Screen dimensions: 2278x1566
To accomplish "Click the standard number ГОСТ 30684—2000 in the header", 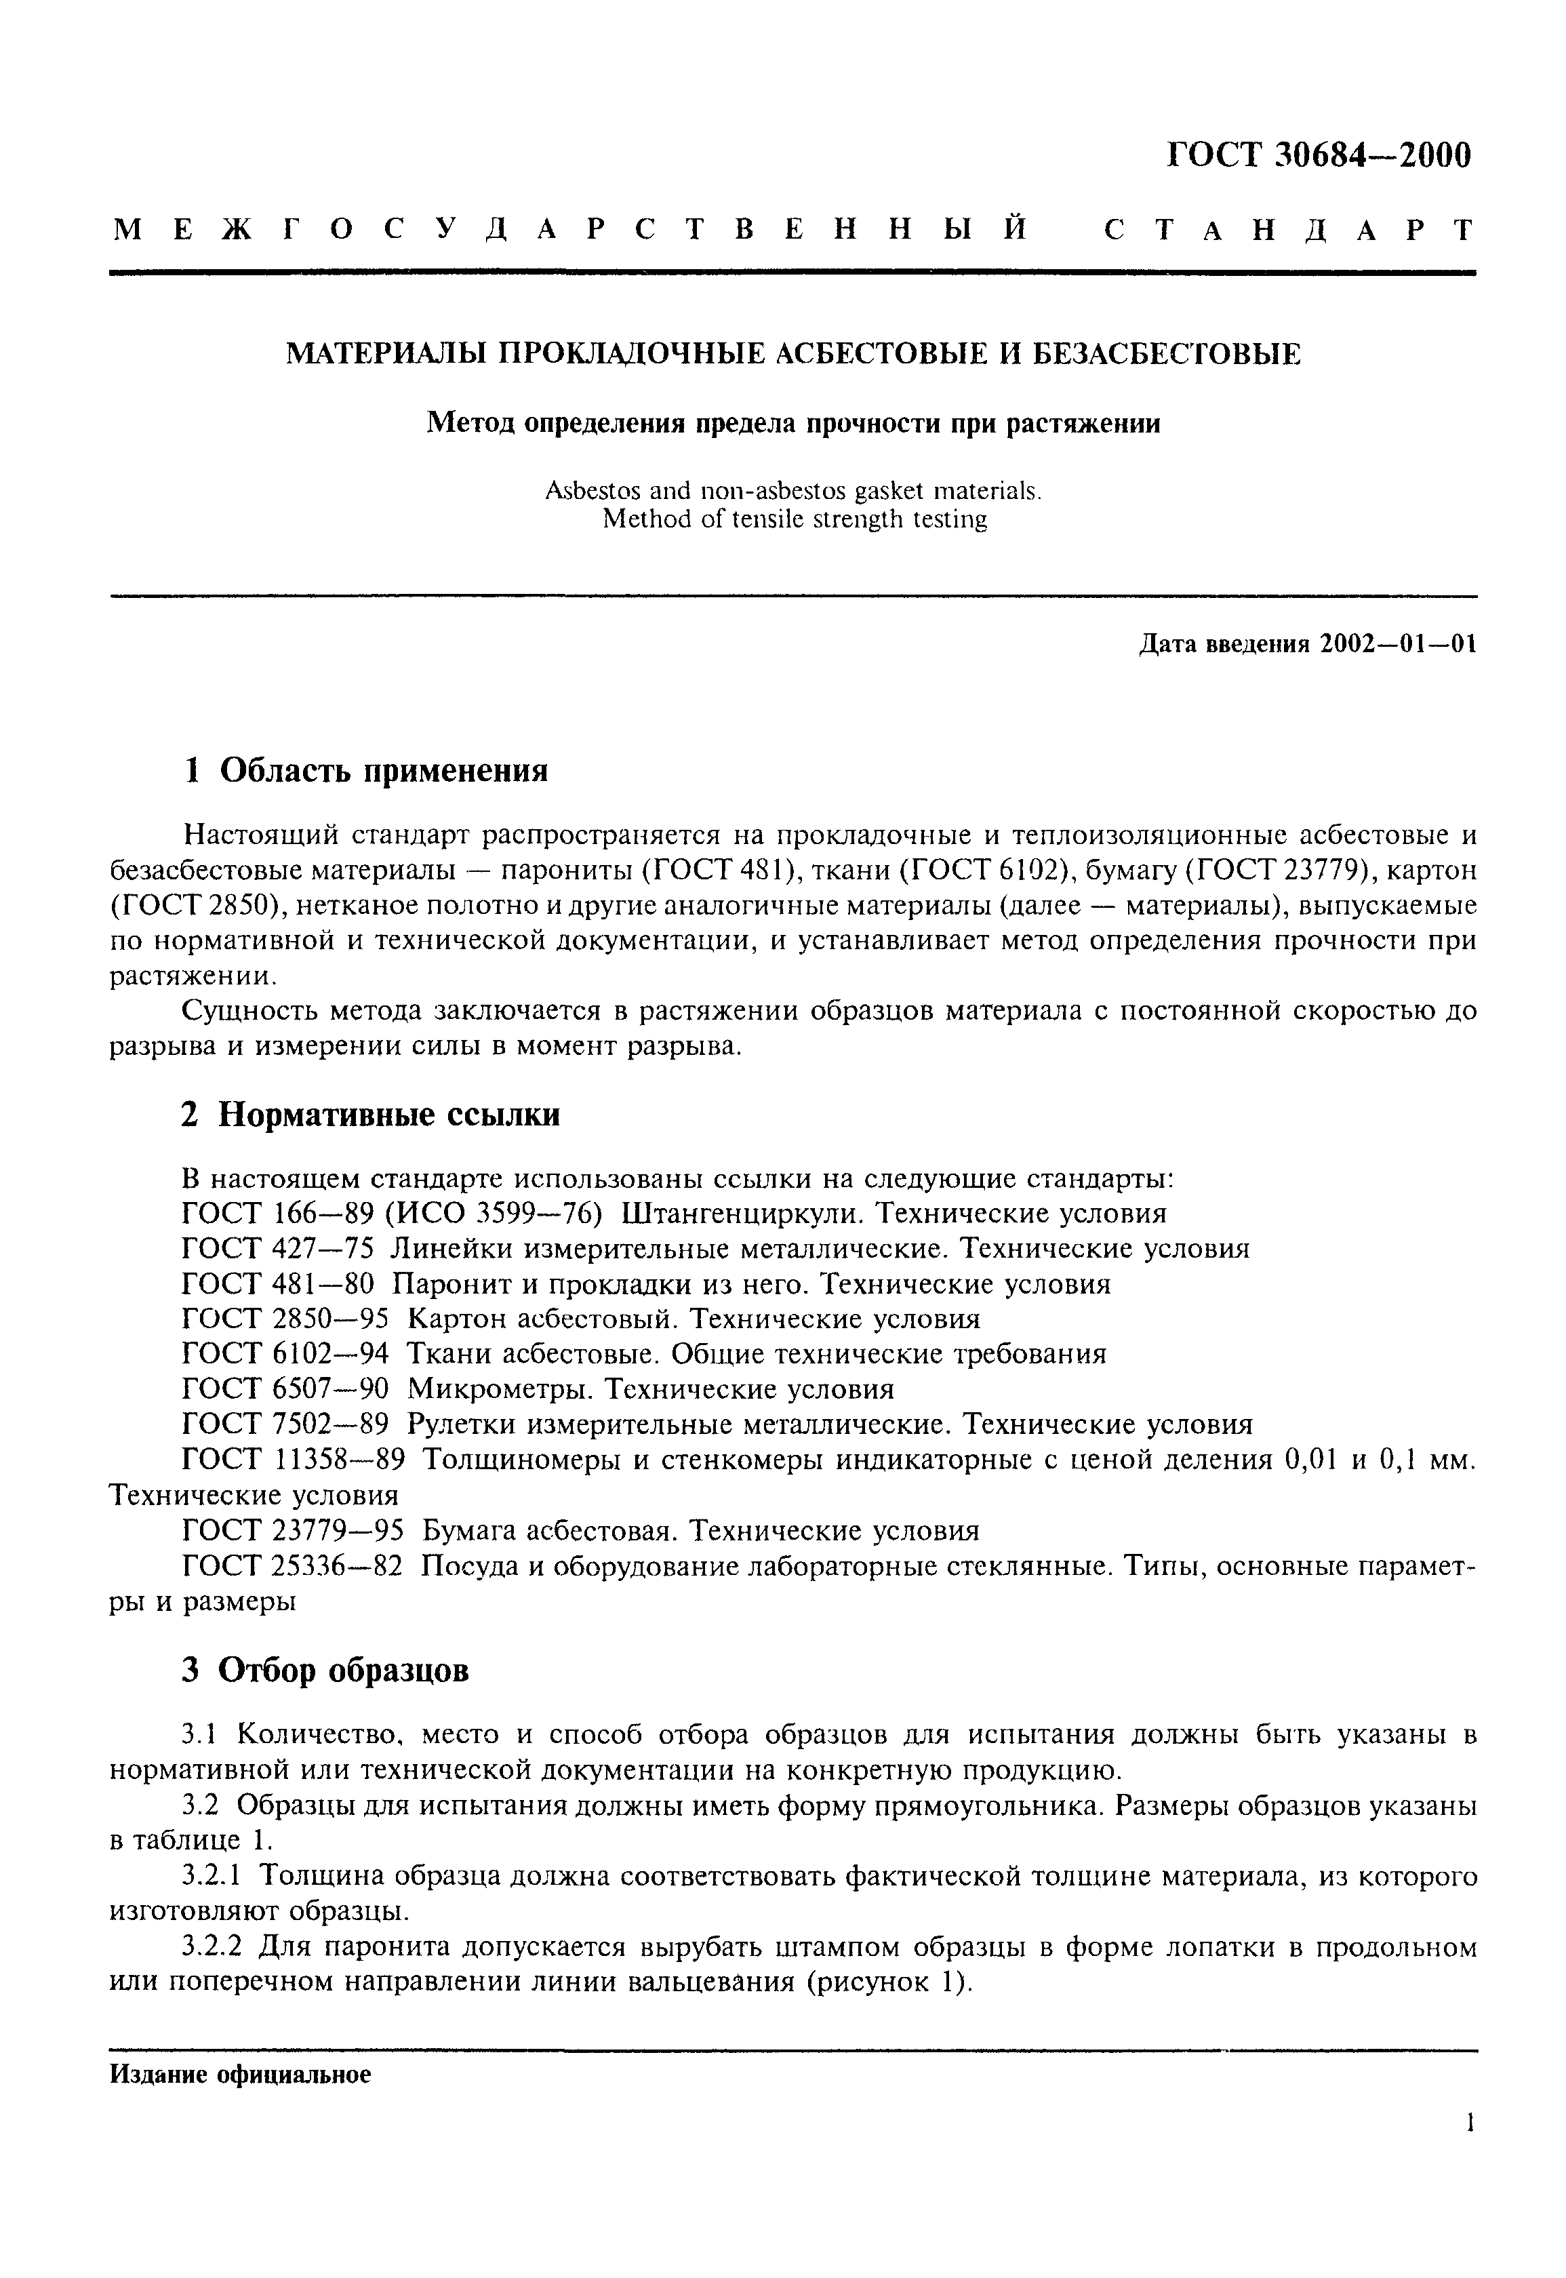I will (1319, 156).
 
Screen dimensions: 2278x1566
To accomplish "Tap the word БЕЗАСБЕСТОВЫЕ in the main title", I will (1169, 353).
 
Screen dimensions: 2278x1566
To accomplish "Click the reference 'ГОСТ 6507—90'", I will (285, 1389).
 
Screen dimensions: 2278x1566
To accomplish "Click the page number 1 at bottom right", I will (1469, 2124).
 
